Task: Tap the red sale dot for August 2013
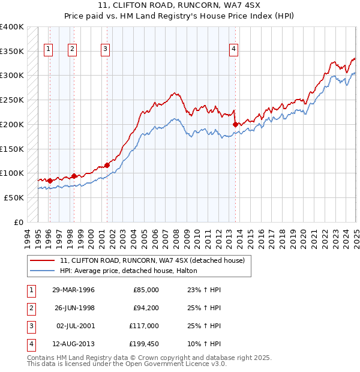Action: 235,124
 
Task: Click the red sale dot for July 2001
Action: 107,165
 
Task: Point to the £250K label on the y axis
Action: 12,100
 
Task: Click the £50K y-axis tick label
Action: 14,197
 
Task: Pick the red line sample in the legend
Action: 43,261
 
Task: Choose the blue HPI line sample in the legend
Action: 43,271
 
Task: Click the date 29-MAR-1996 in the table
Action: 73,290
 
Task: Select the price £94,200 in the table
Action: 144,308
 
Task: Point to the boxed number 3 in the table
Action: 31,326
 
